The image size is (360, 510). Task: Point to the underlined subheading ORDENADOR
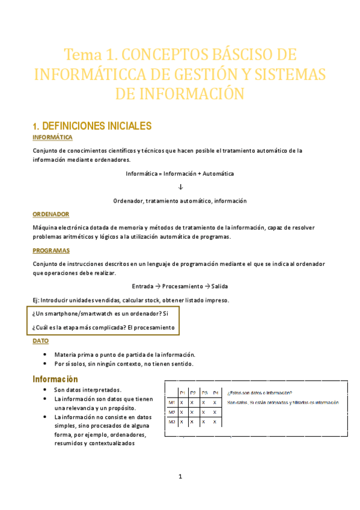click(x=50, y=214)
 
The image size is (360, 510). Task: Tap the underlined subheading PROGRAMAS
click(x=51, y=250)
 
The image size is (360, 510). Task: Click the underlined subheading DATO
click(x=40, y=340)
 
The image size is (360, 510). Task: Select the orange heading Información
click(x=55, y=379)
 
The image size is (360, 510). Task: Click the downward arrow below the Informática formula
click(x=180, y=187)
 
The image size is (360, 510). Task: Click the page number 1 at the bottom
click(x=180, y=477)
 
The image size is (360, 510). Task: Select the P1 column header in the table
click(x=182, y=393)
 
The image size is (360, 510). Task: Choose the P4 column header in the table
click(x=215, y=393)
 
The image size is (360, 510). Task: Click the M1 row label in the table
click(x=172, y=402)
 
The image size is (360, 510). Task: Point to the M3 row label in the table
click(x=172, y=422)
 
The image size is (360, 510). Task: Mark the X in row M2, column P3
click(x=204, y=412)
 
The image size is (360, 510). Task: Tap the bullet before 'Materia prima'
click(x=46, y=354)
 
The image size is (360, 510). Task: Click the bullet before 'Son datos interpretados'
click(x=46, y=390)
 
